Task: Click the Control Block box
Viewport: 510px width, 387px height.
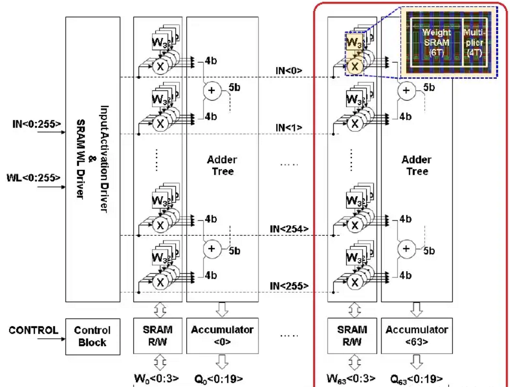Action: tap(92, 336)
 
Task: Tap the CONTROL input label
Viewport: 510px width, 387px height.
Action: tap(33, 330)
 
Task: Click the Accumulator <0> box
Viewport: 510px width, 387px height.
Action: tap(222, 336)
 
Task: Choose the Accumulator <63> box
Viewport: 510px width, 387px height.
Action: tap(417, 336)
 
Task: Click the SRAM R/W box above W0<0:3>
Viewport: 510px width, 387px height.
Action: tap(158, 336)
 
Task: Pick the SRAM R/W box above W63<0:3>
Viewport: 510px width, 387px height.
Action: tap(352, 336)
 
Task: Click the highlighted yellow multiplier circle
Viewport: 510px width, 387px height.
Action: tap(355, 66)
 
